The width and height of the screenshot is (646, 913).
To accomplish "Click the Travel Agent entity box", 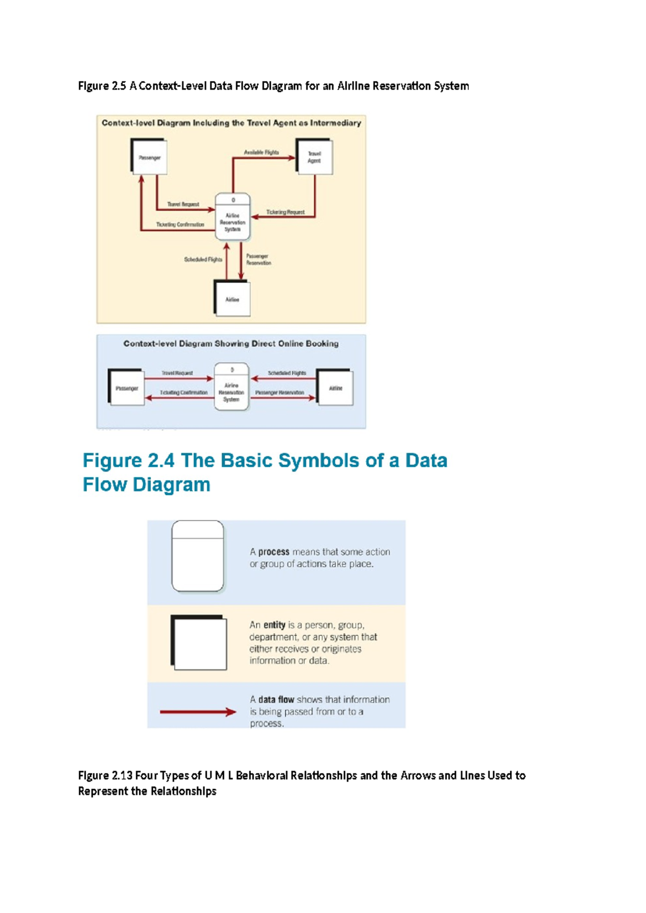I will coord(314,157).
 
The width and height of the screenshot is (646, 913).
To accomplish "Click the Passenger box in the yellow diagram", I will coord(149,157).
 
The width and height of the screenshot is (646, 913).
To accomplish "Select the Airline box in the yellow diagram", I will coord(232,299).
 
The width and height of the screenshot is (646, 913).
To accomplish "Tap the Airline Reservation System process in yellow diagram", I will coord(233,217).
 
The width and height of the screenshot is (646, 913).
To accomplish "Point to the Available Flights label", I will coord(261,152).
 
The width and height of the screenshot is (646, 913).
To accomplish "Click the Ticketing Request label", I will coord(285,212).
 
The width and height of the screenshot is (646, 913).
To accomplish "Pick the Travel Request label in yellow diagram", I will coord(183,205).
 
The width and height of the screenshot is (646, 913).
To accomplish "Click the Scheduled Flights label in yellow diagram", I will coord(203,259).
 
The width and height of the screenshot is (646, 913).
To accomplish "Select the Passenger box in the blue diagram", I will coord(127,388).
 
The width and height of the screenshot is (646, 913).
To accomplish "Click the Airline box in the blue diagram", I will coord(335,388).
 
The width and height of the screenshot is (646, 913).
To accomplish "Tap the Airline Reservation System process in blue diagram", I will coord(231,387).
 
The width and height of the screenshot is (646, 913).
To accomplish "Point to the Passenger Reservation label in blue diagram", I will coord(279,392).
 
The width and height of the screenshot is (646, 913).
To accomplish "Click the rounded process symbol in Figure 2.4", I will coord(198,556).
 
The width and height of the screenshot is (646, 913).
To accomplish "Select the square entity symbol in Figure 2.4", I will coord(199,643).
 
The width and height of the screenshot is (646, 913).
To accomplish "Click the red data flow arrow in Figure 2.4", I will coord(198,712).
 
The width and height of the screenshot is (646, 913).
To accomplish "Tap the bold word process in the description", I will coord(273,552).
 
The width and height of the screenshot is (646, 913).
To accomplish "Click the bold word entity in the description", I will coord(274,625).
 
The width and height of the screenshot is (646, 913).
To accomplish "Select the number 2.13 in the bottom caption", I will coord(122,776).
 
